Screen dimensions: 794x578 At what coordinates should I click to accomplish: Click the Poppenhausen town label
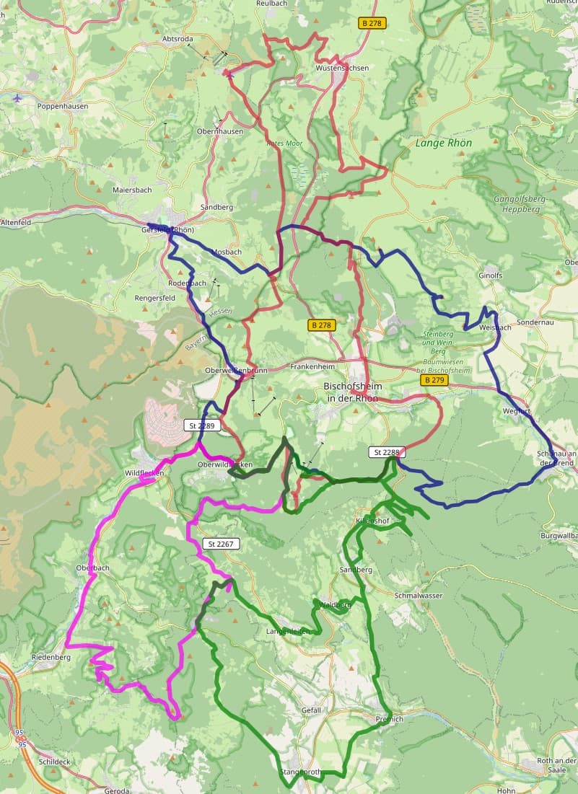click(x=63, y=105)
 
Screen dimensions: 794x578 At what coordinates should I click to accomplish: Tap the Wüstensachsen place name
click(x=342, y=68)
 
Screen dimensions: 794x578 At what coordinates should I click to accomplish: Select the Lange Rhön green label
click(x=443, y=143)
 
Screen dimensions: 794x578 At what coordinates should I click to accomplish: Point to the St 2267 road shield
click(x=219, y=543)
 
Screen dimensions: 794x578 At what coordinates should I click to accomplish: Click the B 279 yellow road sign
click(x=434, y=379)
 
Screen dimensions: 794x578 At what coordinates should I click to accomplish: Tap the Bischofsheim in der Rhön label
click(x=353, y=392)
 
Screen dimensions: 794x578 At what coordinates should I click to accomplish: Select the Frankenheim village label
click(x=312, y=366)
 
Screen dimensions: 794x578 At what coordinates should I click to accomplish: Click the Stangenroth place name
click(x=300, y=772)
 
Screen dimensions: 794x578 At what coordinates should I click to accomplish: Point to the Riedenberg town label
click(x=51, y=658)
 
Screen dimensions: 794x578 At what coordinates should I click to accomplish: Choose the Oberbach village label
click(x=92, y=568)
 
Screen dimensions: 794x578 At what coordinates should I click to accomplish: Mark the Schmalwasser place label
click(x=419, y=596)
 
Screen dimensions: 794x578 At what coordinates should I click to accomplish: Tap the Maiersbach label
click(x=132, y=190)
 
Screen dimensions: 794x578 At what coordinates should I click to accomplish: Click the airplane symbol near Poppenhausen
click(x=18, y=97)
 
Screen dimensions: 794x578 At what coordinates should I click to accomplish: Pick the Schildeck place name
click(x=55, y=762)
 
